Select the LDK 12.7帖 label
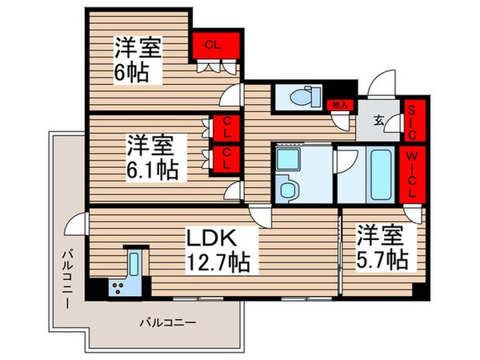point(218,249)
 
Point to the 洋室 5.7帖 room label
point(382,249)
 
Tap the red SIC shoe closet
point(413,120)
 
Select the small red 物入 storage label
point(338,105)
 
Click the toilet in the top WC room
point(301,97)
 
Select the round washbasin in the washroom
point(287,190)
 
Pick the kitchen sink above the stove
point(135,262)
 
